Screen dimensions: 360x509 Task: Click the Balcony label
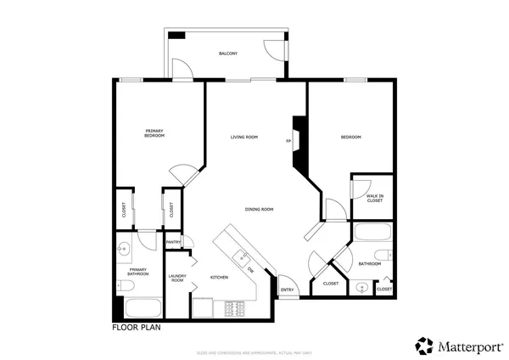(227, 53)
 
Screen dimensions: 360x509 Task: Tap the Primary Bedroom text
(154, 133)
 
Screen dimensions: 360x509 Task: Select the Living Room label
(244, 137)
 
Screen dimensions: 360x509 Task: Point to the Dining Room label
(259, 209)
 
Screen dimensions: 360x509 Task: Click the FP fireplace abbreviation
(288, 141)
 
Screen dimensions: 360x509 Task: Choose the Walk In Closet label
(375, 198)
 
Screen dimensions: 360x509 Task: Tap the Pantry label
(173, 242)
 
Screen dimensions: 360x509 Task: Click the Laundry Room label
(177, 278)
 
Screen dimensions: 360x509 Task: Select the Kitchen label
(219, 278)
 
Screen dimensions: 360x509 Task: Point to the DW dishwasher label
(251, 270)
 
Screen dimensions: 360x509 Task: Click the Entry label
(287, 290)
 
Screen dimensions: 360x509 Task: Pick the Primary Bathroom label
(138, 272)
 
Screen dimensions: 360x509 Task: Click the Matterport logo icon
(424, 345)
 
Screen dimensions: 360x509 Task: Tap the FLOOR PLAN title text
(136, 326)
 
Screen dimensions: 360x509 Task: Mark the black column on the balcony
(176, 35)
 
